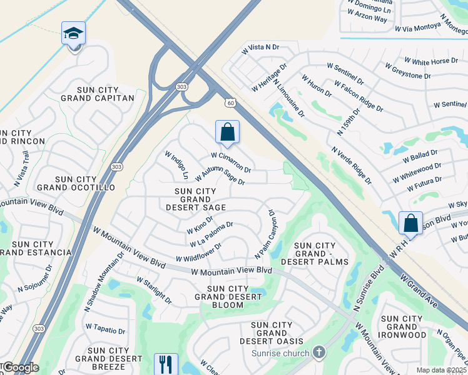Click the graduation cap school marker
click(x=73, y=33)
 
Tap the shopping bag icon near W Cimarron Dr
click(x=227, y=132)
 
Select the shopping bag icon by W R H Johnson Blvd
click(x=410, y=223)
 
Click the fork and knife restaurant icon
click(x=166, y=364)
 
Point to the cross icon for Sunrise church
click(x=319, y=352)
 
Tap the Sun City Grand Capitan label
click(x=97, y=94)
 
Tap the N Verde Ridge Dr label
click(x=352, y=166)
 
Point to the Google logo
click(x=20, y=367)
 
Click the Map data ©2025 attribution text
click(x=442, y=370)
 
